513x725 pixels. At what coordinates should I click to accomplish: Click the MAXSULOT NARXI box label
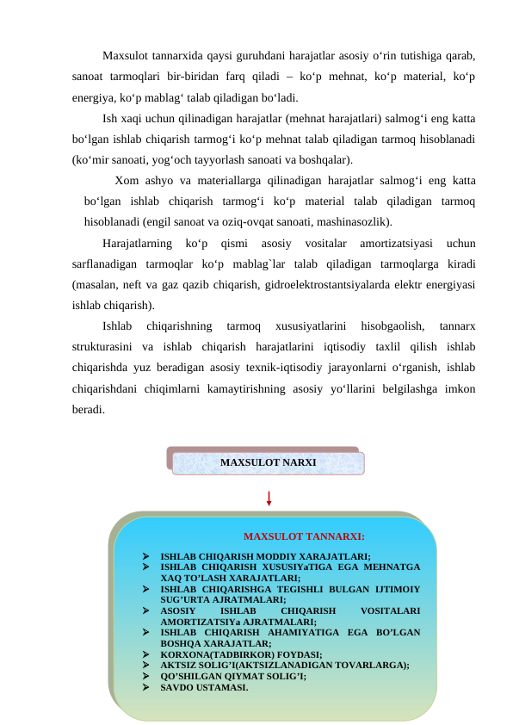click(268, 462)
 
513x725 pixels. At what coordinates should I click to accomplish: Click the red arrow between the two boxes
click(269, 499)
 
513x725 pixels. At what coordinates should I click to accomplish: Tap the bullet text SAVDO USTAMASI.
click(204, 687)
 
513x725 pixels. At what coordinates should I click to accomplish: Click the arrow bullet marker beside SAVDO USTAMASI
click(146, 687)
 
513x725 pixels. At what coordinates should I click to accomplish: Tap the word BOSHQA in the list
click(179, 643)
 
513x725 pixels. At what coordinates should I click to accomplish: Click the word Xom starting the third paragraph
click(126, 181)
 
